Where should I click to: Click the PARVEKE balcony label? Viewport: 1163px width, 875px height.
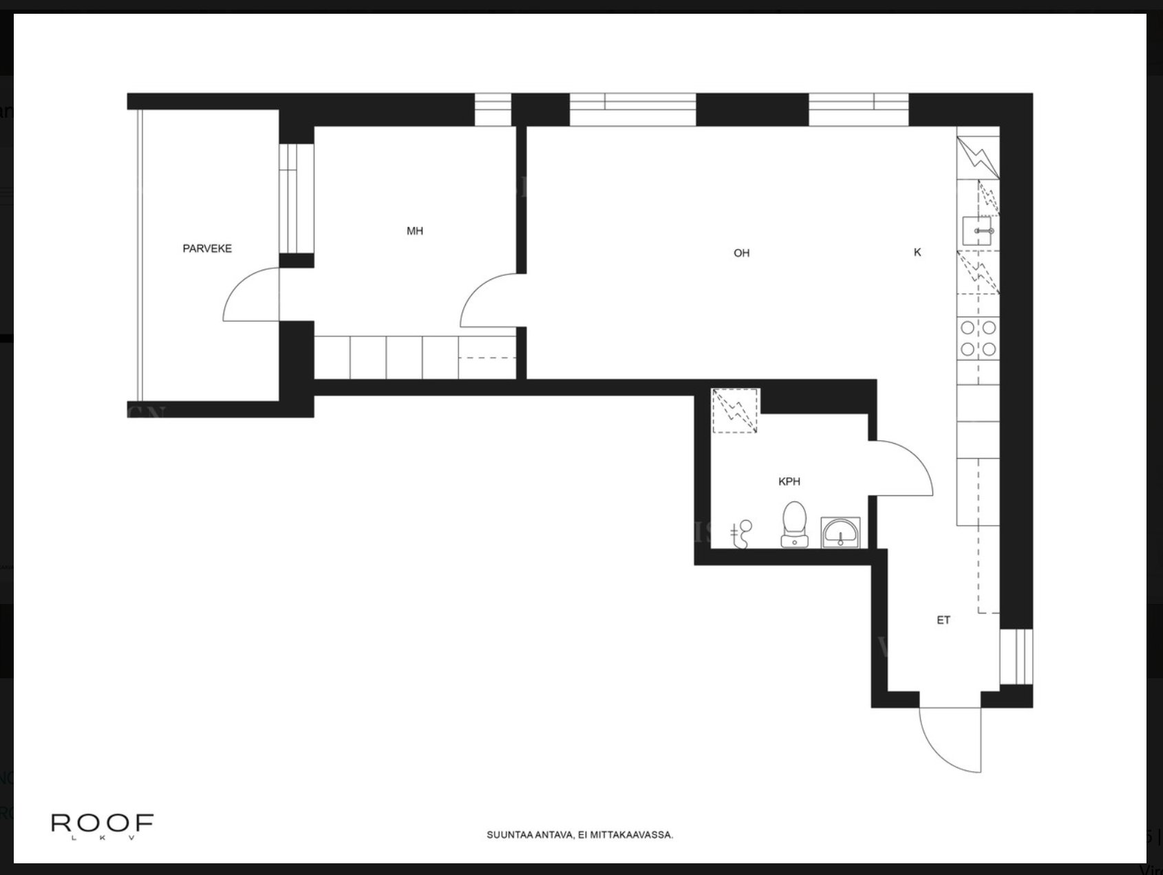[207, 248]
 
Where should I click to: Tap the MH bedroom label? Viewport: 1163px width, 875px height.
[414, 231]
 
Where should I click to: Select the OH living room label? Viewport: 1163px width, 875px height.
[741, 253]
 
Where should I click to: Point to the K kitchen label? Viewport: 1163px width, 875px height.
[917, 252]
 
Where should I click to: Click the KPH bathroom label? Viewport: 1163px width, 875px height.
[789, 482]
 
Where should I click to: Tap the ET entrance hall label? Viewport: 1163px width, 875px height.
[943, 620]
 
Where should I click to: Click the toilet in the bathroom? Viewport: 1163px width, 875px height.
[795, 524]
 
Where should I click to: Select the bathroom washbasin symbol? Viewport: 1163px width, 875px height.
[841, 532]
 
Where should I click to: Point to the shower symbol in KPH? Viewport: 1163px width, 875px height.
[742, 534]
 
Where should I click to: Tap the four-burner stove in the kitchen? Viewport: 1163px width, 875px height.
[978, 338]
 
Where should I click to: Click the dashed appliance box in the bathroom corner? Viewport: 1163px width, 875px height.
[736, 411]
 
